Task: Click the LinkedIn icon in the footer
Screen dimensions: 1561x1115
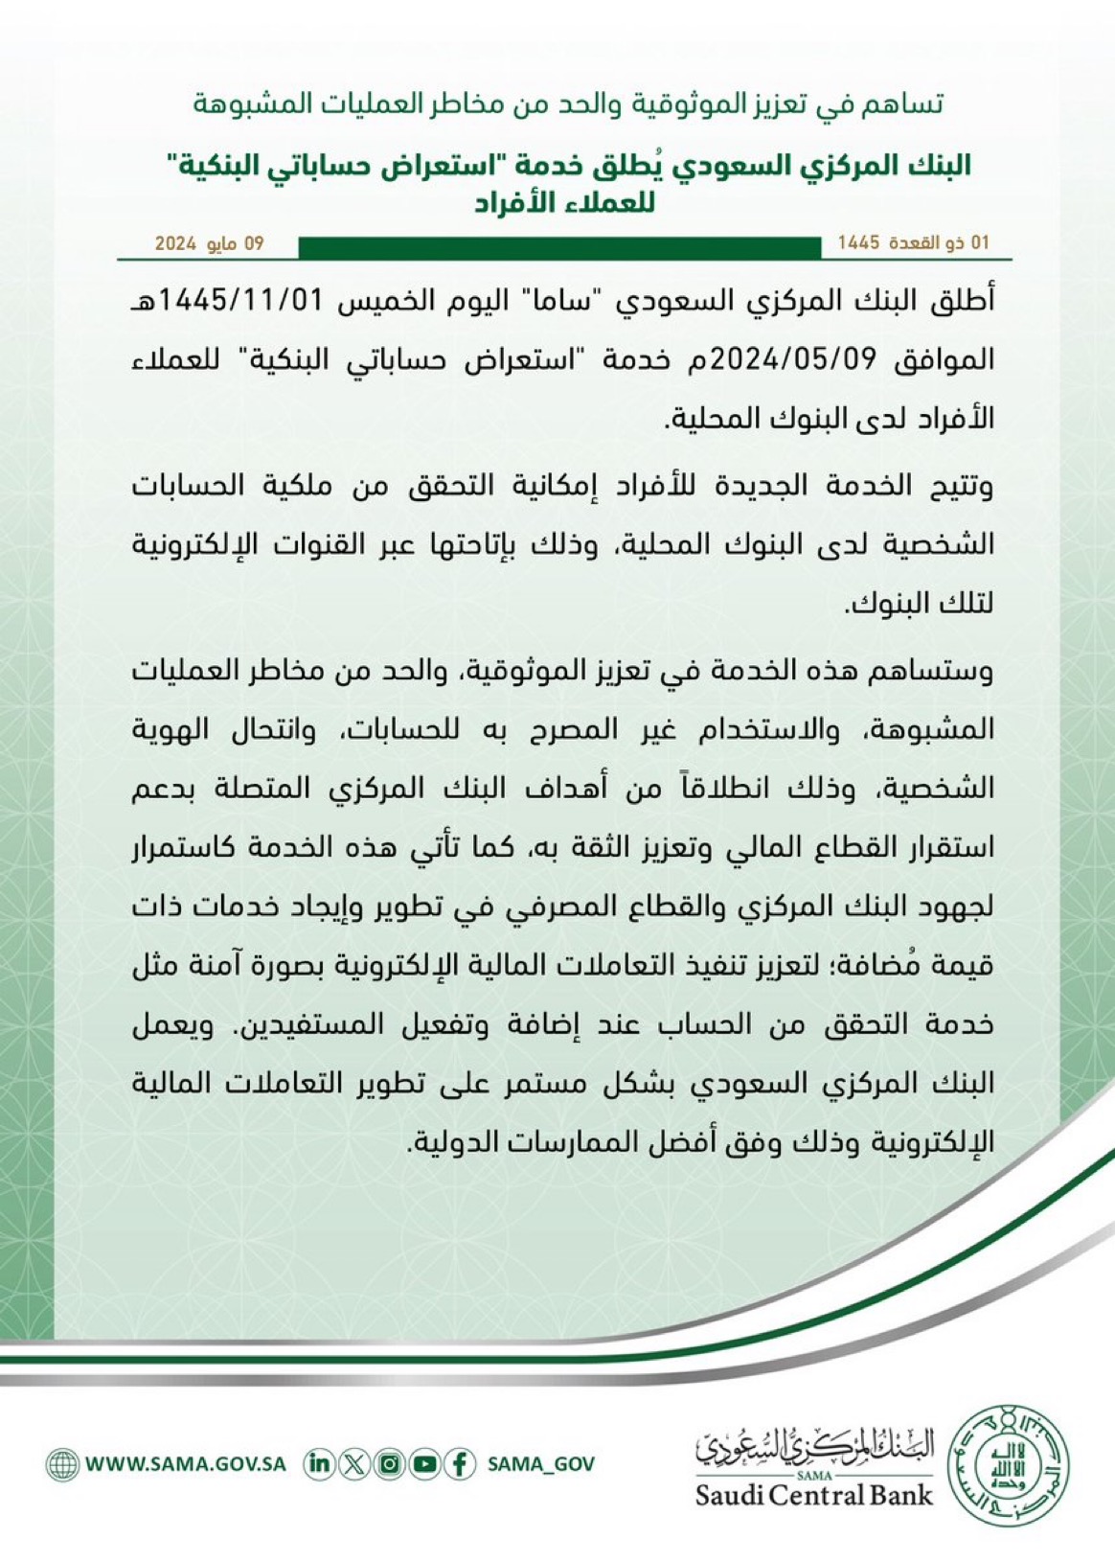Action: (320, 1464)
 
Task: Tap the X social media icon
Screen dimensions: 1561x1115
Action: (354, 1464)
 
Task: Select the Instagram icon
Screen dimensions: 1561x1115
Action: (390, 1464)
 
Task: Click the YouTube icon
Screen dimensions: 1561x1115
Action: (424, 1464)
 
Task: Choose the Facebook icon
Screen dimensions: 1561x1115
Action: (460, 1464)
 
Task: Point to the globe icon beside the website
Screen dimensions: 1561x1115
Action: (62, 1464)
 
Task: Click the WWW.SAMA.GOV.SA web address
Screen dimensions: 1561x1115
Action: (186, 1464)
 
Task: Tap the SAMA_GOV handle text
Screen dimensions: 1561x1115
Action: (541, 1464)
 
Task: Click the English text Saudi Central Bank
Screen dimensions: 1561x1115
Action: (813, 1495)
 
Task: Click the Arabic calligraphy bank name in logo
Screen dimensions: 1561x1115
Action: (813, 1445)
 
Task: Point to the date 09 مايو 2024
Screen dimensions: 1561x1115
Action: (210, 243)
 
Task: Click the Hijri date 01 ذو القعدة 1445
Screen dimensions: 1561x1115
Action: (913, 243)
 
